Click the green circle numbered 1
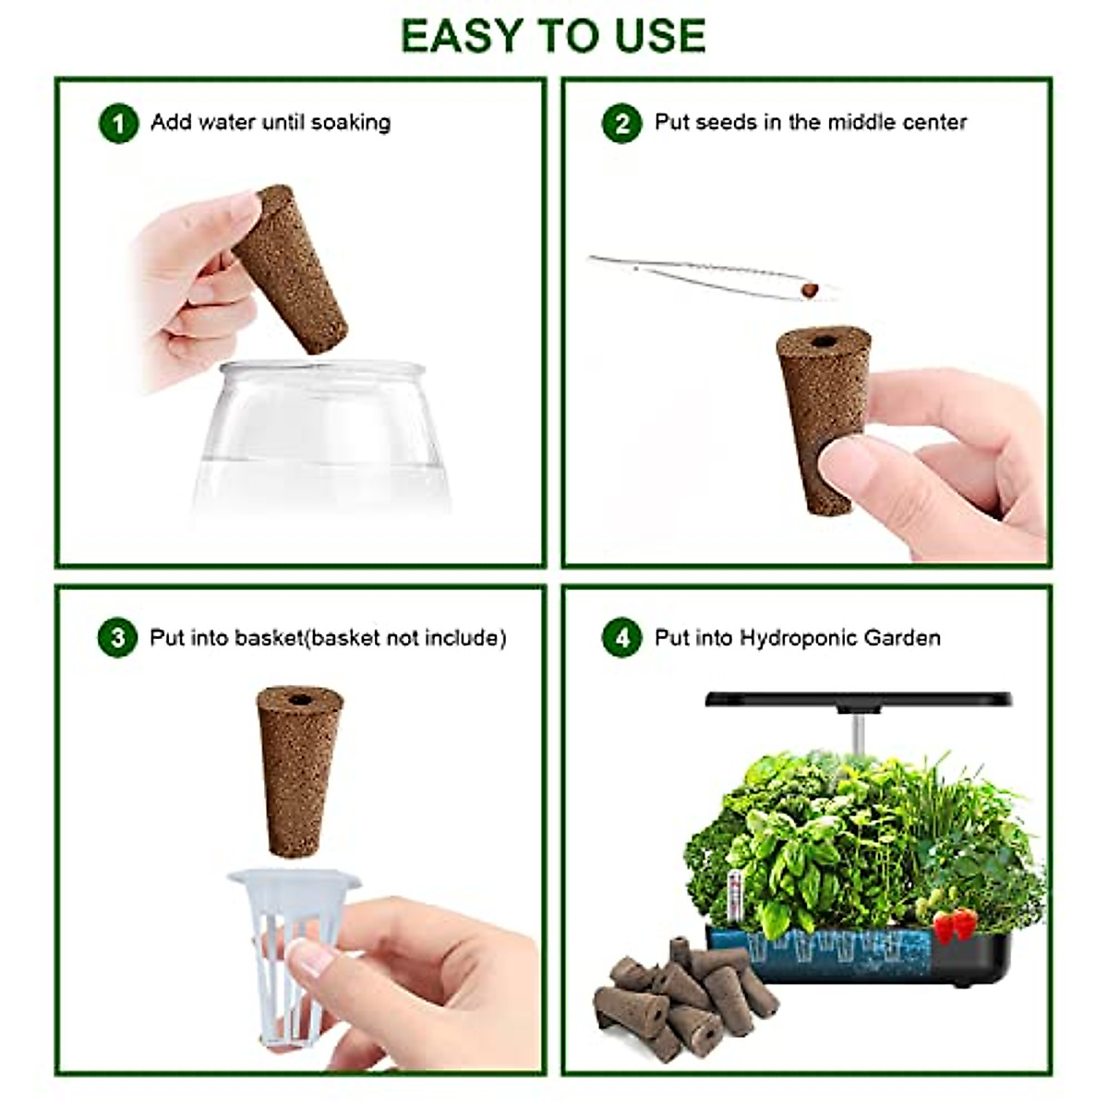tap(118, 123)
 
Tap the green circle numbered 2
tap(621, 123)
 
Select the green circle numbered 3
tap(117, 638)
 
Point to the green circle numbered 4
tap(621, 638)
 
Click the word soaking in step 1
tap(350, 123)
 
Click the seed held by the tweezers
tap(810, 291)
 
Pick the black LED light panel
tap(859, 700)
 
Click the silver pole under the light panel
tap(857, 729)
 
